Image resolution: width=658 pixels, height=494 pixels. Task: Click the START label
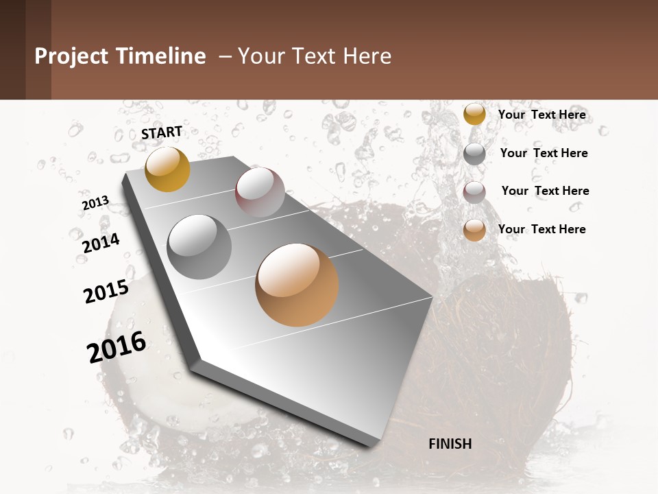[162, 132]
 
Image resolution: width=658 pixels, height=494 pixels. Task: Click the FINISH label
[450, 444]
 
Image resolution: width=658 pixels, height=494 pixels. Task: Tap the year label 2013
[95, 203]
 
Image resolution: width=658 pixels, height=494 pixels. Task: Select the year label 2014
[101, 243]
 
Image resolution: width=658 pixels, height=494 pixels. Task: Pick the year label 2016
[117, 347]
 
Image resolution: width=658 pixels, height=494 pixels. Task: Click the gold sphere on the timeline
[167, 169]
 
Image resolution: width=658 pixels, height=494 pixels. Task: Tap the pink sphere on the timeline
[260, 192]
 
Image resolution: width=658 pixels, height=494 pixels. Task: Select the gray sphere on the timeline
[199, 246]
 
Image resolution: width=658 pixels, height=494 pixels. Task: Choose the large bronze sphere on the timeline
[297, 285]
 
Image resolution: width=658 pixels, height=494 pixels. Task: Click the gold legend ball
[474, 114]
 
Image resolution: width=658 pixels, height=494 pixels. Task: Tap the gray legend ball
[474, 154]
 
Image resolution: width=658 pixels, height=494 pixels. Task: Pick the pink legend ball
[474, 192]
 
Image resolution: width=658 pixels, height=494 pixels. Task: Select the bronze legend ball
[474, 231]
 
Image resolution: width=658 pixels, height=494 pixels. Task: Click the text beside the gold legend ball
[541, 115]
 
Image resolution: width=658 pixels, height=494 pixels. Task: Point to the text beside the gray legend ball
[544, 153]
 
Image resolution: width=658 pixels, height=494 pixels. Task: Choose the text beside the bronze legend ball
[541, 229]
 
